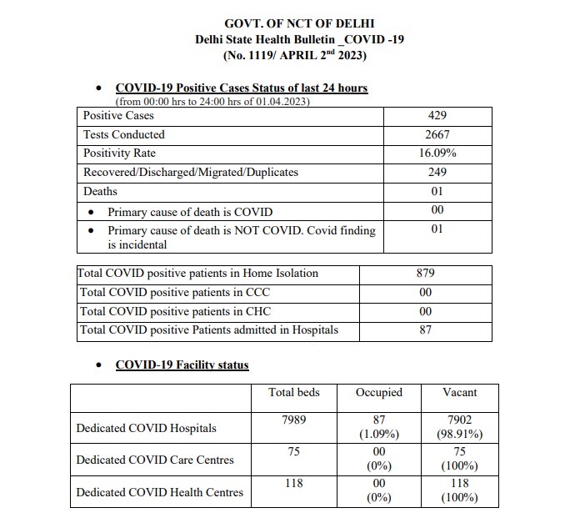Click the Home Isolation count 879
click(x=426, y=274)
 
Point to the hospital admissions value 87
click(x=426, y=330)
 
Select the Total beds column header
click(x=293, y=392)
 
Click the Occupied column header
click(x=379, y=392)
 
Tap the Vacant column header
click(x=460, y=392)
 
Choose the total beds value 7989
click(x=293, y=420)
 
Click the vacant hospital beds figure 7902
click(x=460, y=420)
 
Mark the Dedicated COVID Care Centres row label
click(x=155, y=460)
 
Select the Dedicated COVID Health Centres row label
click(x=159, y=492)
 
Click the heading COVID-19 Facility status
click(x=182, y=365)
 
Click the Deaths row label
click(x=100, y=192)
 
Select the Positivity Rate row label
click(x=119, y=153)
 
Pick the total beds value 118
click(x=293, y=483)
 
